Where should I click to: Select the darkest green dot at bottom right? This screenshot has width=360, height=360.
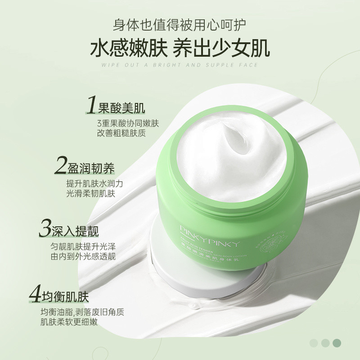tap(337, 343)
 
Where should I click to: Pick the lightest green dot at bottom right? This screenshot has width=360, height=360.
tap(314, 343)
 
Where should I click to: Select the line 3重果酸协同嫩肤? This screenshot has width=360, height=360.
tap(128, 123)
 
